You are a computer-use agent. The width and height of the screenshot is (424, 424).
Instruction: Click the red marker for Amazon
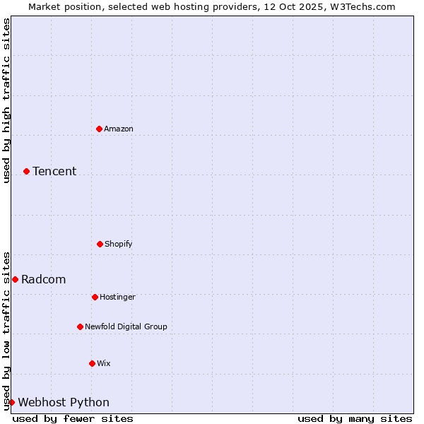point(99,129)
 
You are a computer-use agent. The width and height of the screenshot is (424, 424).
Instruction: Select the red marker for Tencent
point(26,171)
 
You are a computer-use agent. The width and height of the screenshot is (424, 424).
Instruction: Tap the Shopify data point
point(100,244)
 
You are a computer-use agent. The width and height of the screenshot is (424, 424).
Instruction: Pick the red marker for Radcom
point(15,279)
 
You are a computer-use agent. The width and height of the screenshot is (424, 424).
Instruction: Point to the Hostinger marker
point(95,297)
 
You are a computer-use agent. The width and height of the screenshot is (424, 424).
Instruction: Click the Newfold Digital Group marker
point(80,326)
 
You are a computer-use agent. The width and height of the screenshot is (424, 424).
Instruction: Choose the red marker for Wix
point(92,363)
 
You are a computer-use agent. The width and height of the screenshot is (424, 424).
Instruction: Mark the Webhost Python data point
point(11,402)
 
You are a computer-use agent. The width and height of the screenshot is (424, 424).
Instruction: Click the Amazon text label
point(119,129)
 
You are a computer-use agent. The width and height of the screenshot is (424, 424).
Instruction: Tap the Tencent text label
point(54,171)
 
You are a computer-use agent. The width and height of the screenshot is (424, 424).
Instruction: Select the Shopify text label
point(119,244)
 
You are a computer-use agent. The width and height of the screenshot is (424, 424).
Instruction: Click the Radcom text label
point(44,279)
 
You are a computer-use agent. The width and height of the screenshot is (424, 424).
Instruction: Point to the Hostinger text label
point(117,297)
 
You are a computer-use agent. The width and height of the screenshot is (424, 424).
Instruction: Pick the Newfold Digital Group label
point(126,326)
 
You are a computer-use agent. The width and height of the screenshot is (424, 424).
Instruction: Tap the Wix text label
point(104,363)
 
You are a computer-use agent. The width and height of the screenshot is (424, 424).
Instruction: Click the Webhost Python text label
point(64,402)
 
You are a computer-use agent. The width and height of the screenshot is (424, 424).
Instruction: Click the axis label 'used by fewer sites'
point(73,418)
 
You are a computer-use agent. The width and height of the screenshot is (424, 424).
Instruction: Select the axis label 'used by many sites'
point(355,418)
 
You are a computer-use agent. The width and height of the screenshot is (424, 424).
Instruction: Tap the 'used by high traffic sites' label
point(6,101)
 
